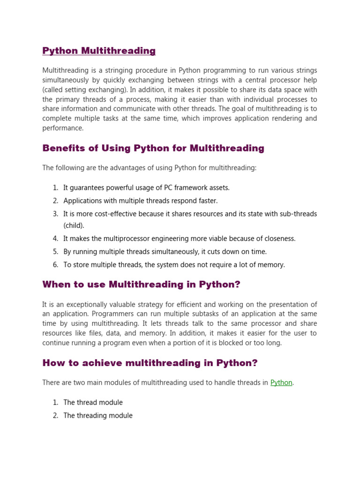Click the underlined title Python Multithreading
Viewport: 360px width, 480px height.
click(99, 51)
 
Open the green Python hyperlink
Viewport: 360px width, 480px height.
click(281, 382)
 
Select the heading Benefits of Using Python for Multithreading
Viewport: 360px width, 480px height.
click(153, 149)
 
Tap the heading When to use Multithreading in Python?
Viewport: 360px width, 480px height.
click(141, 285)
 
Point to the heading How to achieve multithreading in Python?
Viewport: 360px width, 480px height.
click(150, 363)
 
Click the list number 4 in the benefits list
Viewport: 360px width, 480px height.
click(55, 239)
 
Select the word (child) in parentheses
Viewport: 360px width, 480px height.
click(74, 225)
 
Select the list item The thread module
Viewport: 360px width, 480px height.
click(93, 402)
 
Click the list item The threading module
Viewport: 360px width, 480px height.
click(98, 415)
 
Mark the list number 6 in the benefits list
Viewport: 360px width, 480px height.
click(55, 265)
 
